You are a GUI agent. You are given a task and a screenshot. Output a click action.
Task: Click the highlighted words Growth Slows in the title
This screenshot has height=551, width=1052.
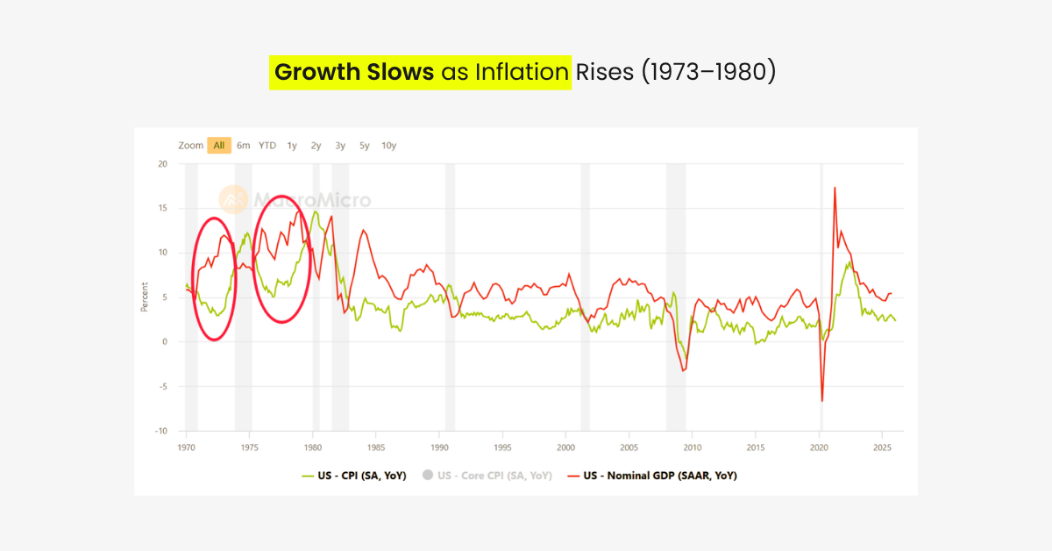click(353, 72)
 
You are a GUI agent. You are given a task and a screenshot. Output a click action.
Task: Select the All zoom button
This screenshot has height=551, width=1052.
click(219, 146)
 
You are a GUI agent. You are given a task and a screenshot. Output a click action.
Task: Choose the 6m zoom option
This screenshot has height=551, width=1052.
click(243, 146)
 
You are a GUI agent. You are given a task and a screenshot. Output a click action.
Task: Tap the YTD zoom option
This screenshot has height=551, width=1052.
click(267, 146)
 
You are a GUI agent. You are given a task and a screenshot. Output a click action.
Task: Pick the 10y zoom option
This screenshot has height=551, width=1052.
click(388, 146)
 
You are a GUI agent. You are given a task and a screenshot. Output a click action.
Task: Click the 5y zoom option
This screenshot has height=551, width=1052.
click(364, 146)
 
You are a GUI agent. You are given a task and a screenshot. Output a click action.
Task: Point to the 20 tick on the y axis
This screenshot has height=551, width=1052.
click(162, 164)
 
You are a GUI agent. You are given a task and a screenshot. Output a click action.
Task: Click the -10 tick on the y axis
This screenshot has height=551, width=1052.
click(160, 432)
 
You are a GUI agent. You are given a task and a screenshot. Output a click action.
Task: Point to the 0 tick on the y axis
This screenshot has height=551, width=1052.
click(165, 342)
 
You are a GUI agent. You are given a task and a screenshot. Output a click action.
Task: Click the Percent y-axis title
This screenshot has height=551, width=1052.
click(144, 297)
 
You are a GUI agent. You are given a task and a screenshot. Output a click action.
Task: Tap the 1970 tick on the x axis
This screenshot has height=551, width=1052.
click(187, 447)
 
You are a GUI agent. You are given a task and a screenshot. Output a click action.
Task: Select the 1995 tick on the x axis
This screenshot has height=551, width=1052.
click(502, 447)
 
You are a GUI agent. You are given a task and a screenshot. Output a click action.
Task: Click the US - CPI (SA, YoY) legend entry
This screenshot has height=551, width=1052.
click(354, 476)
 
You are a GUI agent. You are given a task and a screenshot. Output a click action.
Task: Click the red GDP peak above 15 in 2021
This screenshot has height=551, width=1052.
click(835, 188)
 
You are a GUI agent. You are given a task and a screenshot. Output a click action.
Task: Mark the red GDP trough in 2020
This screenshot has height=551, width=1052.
click(822, 400)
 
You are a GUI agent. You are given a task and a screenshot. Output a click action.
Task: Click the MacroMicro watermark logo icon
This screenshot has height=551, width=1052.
click(233, 200)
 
